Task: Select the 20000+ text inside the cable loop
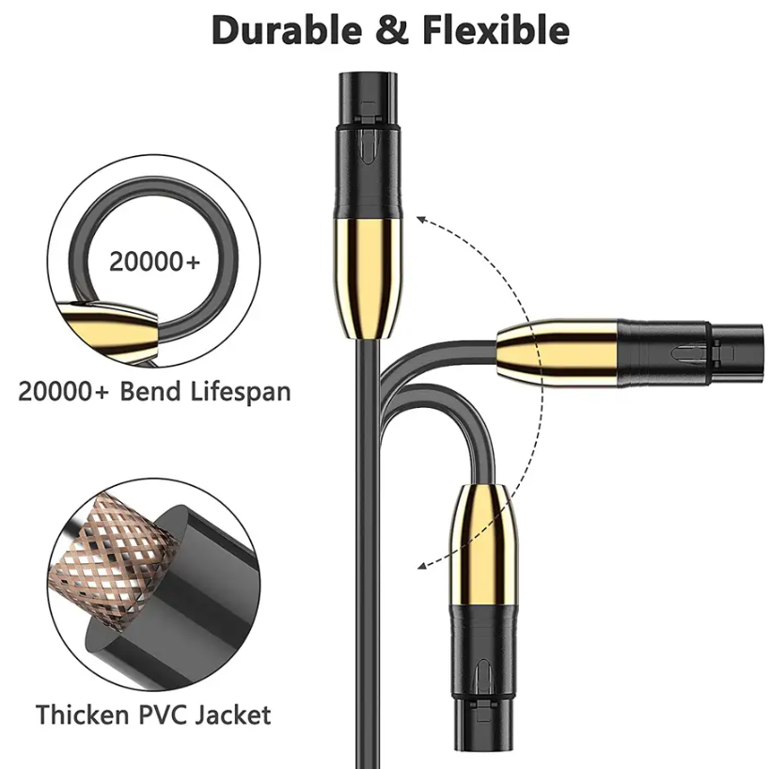(x=155, y=261)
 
